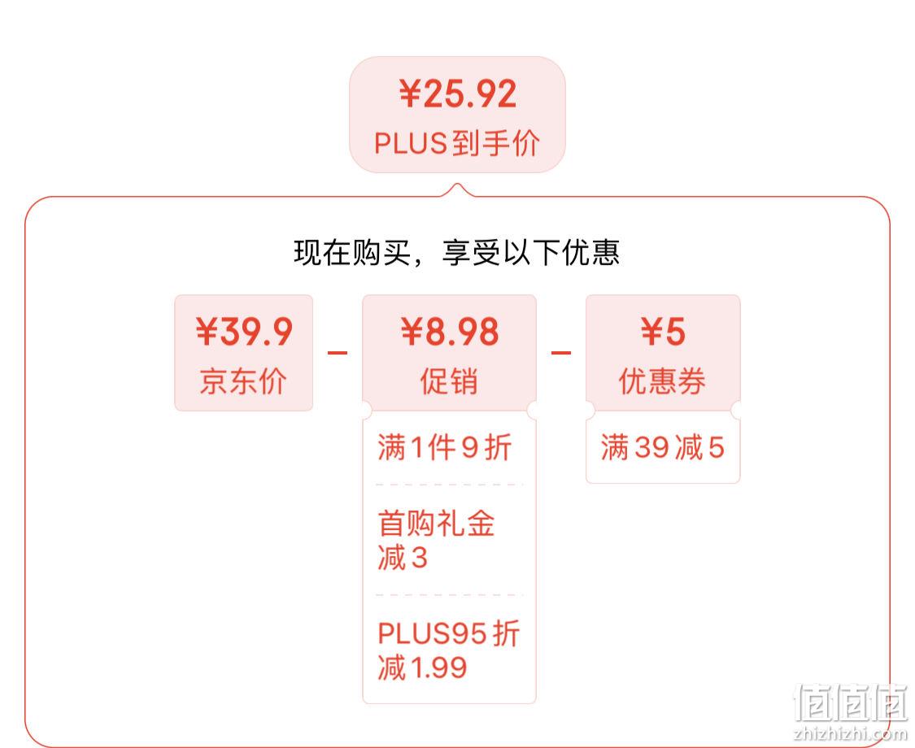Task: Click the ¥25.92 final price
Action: point(458,94)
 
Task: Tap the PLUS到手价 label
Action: point(457,143)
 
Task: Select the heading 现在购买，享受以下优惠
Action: point(456,253)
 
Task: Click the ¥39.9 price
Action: point(244,332)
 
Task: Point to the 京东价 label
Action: point(243,381)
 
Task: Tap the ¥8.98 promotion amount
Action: point(449,332)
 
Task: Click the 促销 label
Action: point(449,381)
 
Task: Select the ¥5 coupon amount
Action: point(663,332)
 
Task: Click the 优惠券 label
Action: point(662,381)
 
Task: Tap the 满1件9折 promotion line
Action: point(445,447)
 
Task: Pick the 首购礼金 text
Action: point(437,523)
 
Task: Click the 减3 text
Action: point(403,557)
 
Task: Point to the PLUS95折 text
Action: point(448,633)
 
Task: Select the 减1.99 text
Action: point(422,667)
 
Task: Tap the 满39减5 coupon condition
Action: point(662,447)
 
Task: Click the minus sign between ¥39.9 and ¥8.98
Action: point(338,352)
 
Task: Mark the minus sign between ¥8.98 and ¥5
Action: point(560,352)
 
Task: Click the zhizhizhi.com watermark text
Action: point(851,733)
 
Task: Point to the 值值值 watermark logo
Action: point(852,702)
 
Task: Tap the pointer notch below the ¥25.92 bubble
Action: point(458,190)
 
